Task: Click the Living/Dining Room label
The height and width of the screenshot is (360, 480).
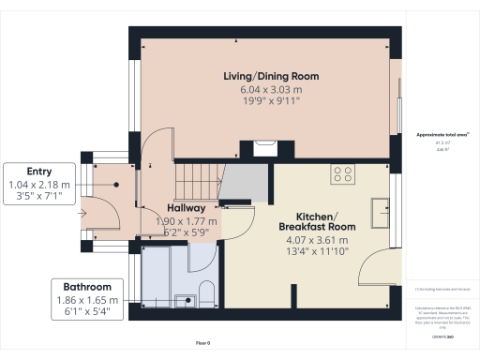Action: pyautogui.click(x=271, y=76)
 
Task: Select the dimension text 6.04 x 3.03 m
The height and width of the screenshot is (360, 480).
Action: pyautogui.click(x=271, y=91)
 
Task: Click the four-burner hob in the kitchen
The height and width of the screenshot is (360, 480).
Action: pyautogui.click(x=342, y=173)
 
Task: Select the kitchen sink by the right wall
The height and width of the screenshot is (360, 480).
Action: pyautogui.click(x=382, y=212)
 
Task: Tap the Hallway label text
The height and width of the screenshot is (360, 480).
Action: pyautogui.click(x=187, y=207)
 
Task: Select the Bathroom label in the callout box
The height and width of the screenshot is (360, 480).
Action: pyautogui.click(x=87, y=286)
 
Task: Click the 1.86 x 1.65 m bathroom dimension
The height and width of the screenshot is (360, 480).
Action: pyautogui.click(x=87, y=300)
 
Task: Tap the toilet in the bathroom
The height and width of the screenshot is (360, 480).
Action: pyautogui.click(x=208, y=293)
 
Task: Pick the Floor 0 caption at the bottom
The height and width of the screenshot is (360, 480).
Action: pyautogui.click(x=202, y=344)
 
